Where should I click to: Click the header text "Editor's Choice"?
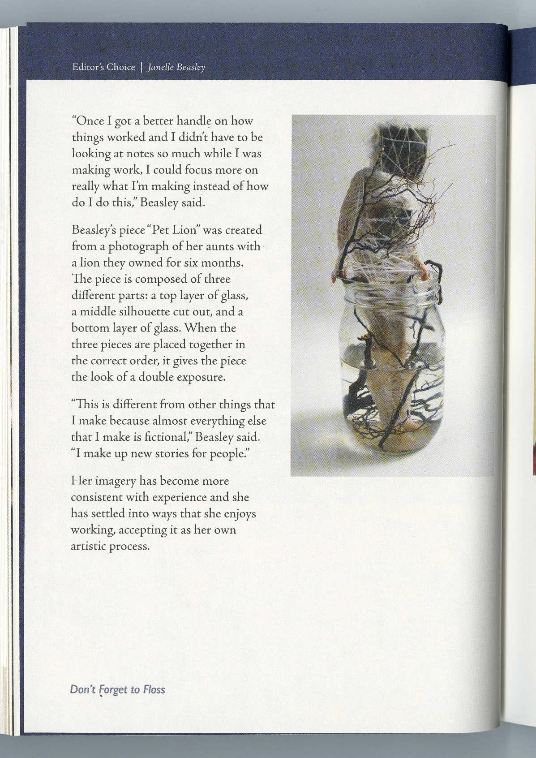tap(103, 67)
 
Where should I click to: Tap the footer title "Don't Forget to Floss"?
tap(117, 689)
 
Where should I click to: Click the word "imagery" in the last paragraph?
tap(115, 481)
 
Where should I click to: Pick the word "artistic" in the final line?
tap(88, 547)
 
